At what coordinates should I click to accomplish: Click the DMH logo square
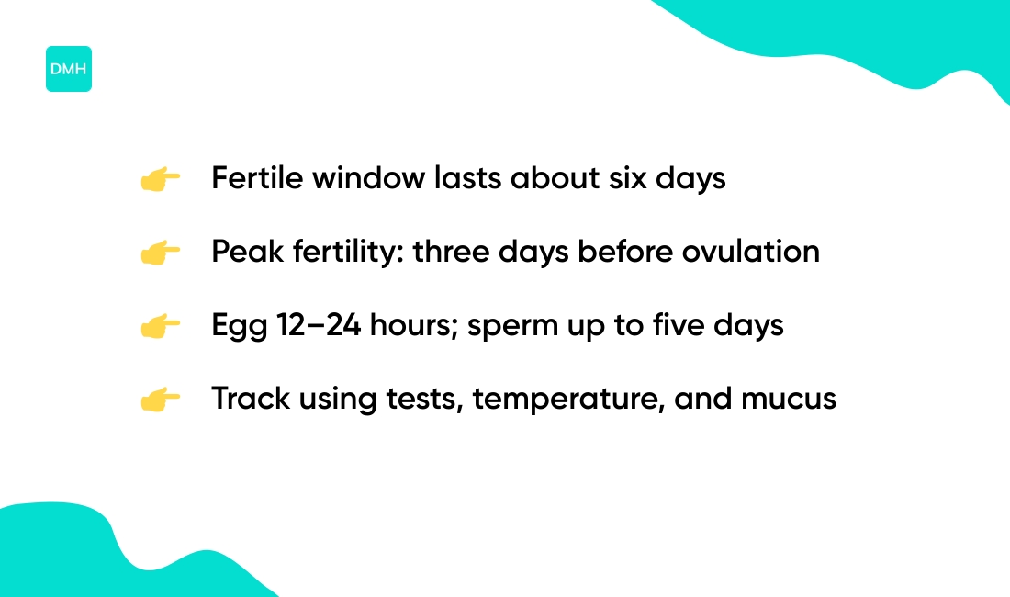[69, 69]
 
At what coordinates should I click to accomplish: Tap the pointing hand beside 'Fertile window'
[160, 179]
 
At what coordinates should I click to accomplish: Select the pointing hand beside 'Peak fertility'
[160, 253]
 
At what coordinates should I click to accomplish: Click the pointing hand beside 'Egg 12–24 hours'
[160, 326]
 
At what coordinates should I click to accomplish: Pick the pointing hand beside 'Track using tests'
[160, 400]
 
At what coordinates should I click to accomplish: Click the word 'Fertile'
[257, 178]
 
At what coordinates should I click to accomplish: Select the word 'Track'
[246, 399]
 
